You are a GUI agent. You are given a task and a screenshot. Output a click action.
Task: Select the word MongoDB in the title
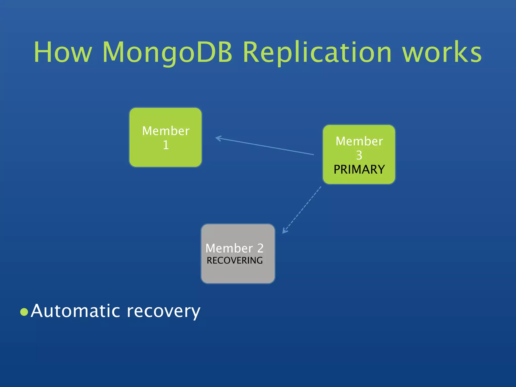pyautogui.click(x=167, y=52)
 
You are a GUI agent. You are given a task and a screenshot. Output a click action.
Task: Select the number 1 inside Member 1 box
pyautogui.click(x=166, y=145)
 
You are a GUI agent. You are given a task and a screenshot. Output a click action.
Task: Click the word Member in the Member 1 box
pyautogui.click(x=166, y=131)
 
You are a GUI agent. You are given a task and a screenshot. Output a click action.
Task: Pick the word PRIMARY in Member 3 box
pyautogui.click(x=359, y=170)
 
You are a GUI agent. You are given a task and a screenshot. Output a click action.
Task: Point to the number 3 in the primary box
pyautogui.click(x=359, y=155)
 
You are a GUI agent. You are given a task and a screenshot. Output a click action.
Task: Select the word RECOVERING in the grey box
pyautogui.click(x=235, y=261)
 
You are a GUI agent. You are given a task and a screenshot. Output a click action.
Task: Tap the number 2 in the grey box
pyautogui.click(x=260, y=248)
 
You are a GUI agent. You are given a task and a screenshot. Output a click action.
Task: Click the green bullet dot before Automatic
pyautogui.click(x=24, y=312)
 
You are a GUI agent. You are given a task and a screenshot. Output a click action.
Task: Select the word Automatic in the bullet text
pyautogui.click(x=76, y=311)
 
